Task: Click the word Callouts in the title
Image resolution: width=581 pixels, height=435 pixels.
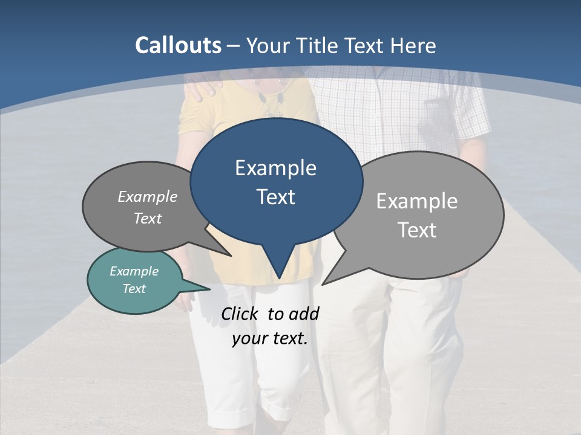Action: [x=178, y=45]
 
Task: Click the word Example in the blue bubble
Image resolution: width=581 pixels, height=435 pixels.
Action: [x=275, y=168]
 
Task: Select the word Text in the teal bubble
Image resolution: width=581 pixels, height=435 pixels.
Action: [x=134, y=289]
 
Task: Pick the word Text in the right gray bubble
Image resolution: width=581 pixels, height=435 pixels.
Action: [x=417, y=230]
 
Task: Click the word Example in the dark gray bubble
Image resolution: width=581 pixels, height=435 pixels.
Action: [x=147, y=196]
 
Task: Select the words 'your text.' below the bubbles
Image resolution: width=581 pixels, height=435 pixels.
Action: [x=269, y=339]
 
